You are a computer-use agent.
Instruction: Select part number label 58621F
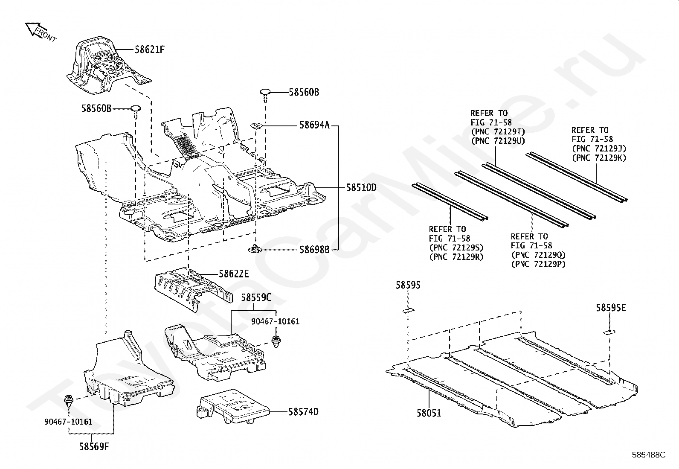tap(150, 49)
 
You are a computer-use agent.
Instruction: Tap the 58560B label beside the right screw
tap(304, 92)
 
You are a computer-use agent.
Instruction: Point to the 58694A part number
tap(315, 125)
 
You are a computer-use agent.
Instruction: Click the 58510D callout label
tap(361, 187)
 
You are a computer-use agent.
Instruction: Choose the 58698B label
tap(315, 249)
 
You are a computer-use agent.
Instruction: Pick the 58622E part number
tap(234, 274)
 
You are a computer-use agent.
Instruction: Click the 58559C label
tap(256, 297)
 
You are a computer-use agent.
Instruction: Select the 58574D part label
tap(303, 412)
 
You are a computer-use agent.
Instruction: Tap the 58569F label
tap(94, 446)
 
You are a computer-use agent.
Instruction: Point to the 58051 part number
tap(429, 413)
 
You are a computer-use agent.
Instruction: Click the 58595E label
tap(611, 308)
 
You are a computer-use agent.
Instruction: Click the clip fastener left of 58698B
tap(254, 249)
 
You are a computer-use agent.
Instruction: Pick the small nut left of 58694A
tap(256, 126)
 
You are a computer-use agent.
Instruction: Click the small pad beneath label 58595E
tap(609, 332)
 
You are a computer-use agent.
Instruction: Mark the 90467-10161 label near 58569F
tap(69, 421)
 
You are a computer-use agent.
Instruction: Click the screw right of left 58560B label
tap(136, 112)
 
